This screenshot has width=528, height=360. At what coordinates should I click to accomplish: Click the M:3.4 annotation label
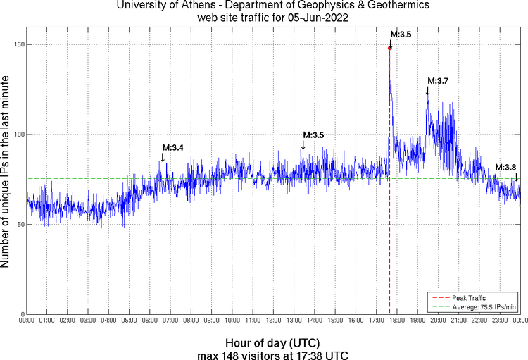(173, 147)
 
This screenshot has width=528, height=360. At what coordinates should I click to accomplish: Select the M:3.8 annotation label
(505, 167)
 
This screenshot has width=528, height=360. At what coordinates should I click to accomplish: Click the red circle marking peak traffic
(390, 48)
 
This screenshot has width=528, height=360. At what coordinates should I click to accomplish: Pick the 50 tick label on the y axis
(20, 224)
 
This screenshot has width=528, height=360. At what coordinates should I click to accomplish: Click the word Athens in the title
(199, 6)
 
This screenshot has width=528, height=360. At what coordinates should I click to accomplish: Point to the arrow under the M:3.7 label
(427, 90)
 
